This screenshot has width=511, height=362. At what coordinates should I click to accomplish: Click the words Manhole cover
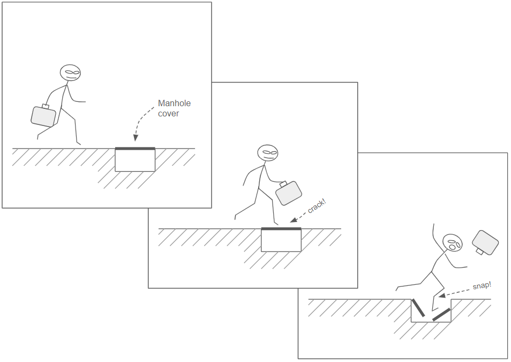coord(175,108)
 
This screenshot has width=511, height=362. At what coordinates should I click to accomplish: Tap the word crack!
coord(317,206)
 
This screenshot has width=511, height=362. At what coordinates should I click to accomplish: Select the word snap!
coord(482,286)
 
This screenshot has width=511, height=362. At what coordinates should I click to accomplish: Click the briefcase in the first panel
coord(43,116)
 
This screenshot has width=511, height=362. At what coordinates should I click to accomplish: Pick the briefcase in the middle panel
coord(288,193)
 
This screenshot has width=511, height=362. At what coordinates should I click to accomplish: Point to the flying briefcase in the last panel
coord(485,242)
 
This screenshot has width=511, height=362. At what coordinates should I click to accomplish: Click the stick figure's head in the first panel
coord(70,73)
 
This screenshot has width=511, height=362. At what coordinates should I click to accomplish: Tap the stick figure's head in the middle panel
coord(268,153)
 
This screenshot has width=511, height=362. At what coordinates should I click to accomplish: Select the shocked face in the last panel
coord(453,242)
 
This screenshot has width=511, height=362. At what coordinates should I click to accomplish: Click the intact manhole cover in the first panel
coord(135,149)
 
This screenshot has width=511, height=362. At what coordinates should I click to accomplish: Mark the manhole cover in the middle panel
coord(281,229)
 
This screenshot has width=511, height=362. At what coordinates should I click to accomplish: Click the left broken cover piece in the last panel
coord(418,307)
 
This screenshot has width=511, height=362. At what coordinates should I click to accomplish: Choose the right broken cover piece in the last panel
coord(441,314)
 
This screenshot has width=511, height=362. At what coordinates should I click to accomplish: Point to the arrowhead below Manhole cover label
coord(136,138)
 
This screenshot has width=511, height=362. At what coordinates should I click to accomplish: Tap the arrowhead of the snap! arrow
coord(441,295)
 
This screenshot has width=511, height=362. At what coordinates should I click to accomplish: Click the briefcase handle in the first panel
coord(46,106)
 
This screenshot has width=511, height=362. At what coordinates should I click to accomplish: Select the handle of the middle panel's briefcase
coord(283,184)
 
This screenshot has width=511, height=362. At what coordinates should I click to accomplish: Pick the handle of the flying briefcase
coord(479,252)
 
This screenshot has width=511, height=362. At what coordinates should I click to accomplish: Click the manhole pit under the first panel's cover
coord(135,160)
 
